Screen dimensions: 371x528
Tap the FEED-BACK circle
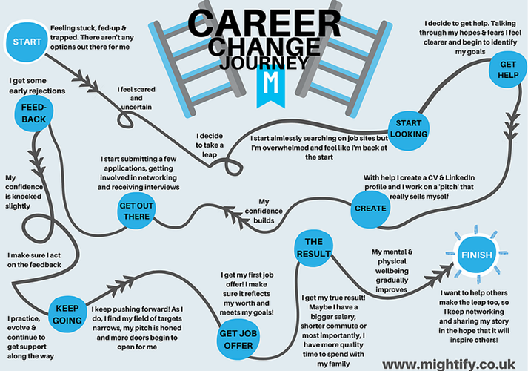click(35, 112)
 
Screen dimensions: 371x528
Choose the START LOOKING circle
click(409, 128)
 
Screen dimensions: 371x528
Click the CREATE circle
click(369, 208)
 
